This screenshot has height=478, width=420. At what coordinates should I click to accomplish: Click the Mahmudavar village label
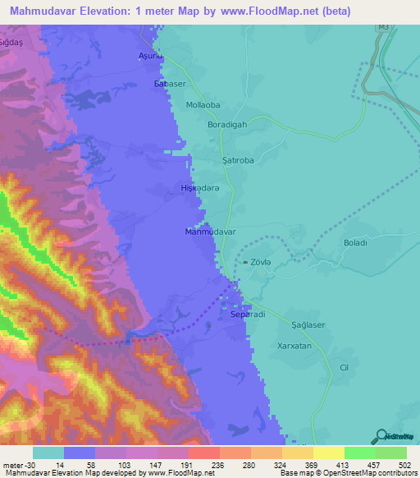click(x=211, y=232)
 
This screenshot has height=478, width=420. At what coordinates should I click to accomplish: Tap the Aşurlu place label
click(x=152, y=56)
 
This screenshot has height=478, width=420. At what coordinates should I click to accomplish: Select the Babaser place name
click(x=171, y=85)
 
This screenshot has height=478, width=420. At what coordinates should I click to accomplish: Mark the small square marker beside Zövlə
click(x=244, y=262)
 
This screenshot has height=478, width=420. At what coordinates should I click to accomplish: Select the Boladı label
click(x=358, y=242)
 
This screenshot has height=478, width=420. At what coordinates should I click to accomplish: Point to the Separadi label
click(x=248, y=315)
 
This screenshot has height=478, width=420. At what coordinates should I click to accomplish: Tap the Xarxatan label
click(x=306, y=347)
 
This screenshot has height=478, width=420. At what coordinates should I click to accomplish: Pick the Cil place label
click(x=345, y=367)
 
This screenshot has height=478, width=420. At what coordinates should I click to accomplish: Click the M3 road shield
click(x=383, y=27)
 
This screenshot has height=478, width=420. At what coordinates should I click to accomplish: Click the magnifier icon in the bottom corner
click(x=380, y=435)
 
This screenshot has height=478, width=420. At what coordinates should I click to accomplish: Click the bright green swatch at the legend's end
click(x=390, y=453)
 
